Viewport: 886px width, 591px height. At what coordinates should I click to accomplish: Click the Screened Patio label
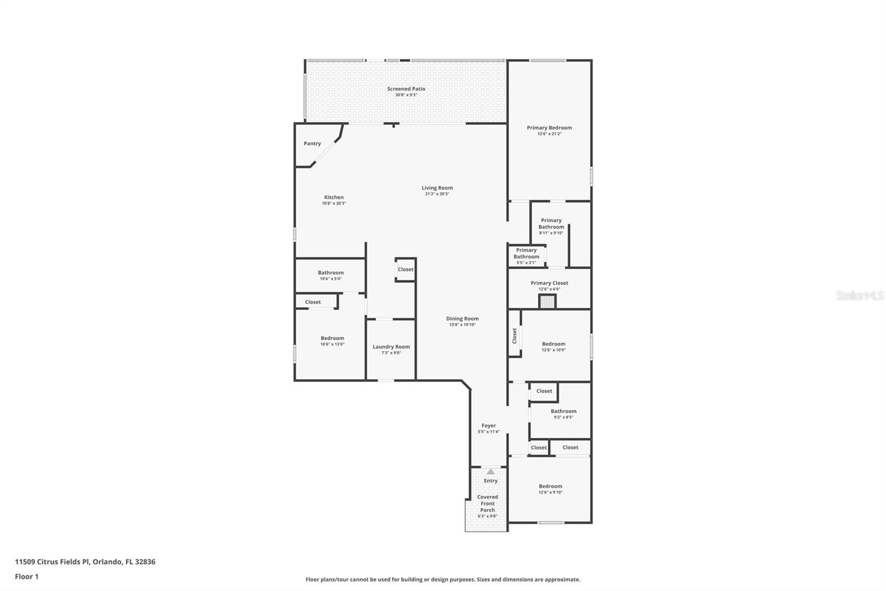coord(406,89)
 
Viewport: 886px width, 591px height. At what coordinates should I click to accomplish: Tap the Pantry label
coord(312,144)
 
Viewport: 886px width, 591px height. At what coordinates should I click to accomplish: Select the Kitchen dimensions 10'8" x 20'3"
coord(334,203)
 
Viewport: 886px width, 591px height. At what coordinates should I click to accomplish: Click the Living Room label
coord(437,188)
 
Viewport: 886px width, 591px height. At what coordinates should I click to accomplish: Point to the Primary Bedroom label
coord(549,128)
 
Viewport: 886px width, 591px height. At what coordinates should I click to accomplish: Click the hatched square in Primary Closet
coord(547,302)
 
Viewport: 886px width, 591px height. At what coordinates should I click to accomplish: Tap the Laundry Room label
coord(391,347)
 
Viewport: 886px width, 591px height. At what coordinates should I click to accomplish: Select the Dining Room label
coord(462,319)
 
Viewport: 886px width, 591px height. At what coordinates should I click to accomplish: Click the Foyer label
coord(488,426)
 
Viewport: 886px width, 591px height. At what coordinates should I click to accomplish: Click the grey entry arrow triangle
coord(491,472)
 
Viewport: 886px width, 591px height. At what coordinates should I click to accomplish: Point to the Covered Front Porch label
coord(487,503)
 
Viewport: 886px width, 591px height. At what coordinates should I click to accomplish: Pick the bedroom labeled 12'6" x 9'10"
coord(550,489)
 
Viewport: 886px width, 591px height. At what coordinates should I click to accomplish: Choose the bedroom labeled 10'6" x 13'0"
coord(332,341)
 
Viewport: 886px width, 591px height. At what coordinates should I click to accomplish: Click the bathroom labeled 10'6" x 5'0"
coord(331,275)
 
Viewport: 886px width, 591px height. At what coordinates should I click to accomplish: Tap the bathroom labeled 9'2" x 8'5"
coord(563,414)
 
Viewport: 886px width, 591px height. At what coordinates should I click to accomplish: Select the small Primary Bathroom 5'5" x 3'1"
coord(526,256)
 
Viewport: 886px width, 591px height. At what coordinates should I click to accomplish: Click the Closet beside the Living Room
coord(405,269)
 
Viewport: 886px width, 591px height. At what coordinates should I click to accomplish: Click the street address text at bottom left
coord(85,562)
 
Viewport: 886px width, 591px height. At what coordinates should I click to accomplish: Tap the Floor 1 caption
coord(27,577)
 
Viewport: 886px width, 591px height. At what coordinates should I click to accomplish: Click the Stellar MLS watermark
coord(859,295)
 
